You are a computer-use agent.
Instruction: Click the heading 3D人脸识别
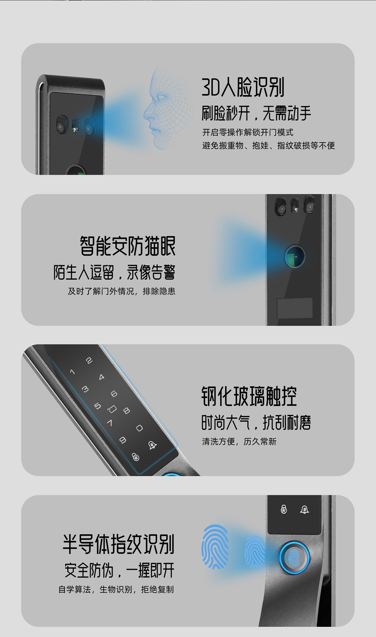tap(243, 87)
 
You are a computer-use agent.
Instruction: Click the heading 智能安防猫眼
tap(127, 246)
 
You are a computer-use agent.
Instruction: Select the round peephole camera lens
tap(295, 256)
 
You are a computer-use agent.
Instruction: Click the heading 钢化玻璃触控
tap(249, 396)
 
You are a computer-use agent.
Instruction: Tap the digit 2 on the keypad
tap(89, 361)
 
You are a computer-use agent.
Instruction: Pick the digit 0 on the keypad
tap(139, 428)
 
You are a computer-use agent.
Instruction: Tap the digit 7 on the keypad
tap(110, 423)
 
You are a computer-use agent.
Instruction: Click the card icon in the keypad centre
tap(112, 409)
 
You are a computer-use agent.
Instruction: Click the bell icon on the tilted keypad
tap(153, 445)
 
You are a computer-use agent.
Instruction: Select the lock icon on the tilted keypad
tap(136, 457)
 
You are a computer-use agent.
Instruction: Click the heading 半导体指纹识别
tap(118, 544)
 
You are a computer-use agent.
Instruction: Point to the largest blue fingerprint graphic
tap(215, 547)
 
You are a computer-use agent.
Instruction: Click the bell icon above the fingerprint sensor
tap(305, 510)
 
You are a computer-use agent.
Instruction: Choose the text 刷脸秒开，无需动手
tap(256, 113)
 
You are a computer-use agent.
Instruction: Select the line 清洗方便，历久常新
tap(239, 441)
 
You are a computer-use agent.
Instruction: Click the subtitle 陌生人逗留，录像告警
tap(115, 272)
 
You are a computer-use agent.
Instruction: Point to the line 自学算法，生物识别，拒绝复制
tap(116, 590)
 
